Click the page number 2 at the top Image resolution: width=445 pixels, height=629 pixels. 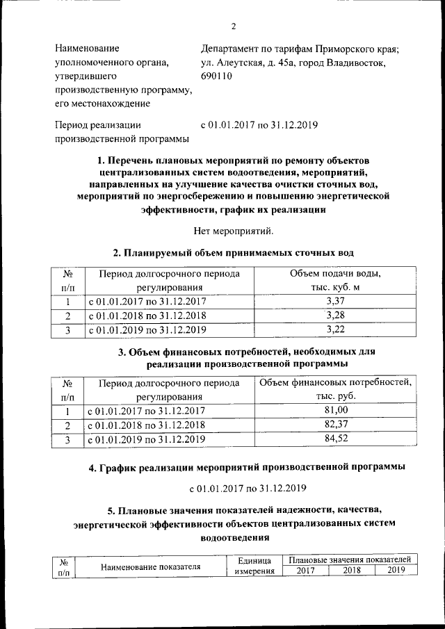pos(234,26)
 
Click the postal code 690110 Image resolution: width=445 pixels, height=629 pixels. pos(217,76)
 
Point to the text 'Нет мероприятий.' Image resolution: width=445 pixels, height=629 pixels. pos(234,230)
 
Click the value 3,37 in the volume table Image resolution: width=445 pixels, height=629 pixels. pos(335,302)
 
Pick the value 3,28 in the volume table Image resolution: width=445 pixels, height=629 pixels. pos(335,316)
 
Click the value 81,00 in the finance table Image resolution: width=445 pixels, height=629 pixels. pos(335,411)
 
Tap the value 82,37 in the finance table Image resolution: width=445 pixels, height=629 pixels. pos(335,425)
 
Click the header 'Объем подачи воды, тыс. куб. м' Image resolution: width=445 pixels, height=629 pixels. pos(335,280)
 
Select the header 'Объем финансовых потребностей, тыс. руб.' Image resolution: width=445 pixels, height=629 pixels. pos(335,389)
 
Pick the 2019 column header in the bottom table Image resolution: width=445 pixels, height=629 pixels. pos(396,571)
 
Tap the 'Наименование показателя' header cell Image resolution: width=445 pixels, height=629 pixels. pos(151,566)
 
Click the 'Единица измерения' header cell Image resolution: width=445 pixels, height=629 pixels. pos(252,566)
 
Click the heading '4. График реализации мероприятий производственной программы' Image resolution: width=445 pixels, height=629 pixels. pos(247,468)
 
